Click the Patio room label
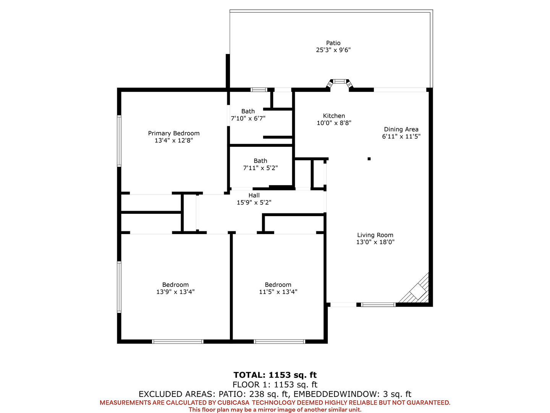coord(333,43)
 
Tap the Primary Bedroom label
coord(174,133)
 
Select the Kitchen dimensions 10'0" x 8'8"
coord(334,123)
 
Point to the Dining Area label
coord(401,129)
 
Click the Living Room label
coord(375,235)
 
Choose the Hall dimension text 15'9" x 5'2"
coord(254,202)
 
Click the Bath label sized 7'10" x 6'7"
coord(248,111)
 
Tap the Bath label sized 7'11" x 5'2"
coord(260,161)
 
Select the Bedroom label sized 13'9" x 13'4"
coord(175,285)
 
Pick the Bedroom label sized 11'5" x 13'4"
coord(278,285)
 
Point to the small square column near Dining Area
coord(369,159)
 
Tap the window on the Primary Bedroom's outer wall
coord(119,141)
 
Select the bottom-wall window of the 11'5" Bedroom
coord(279,341)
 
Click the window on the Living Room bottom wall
coord(379,305)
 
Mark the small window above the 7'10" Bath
coord(259,90)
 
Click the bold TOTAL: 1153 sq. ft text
coord(275,375)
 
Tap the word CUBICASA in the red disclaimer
coord(233,402)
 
